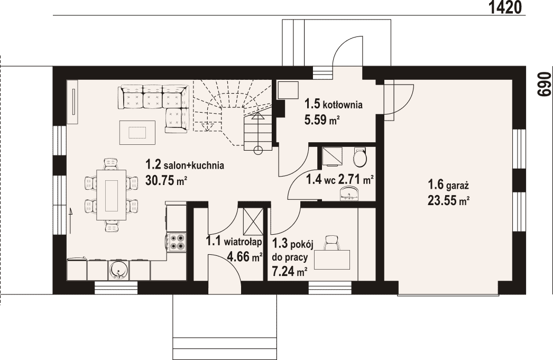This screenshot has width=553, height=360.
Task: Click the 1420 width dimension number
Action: (x=505, y=7)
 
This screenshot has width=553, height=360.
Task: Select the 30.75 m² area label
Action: (x=166, y=181)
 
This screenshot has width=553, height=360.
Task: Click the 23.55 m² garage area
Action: (x=449, y=200)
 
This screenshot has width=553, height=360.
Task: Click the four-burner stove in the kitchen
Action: (x=177, y=242)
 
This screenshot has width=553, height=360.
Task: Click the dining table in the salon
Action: (x=112, y=195)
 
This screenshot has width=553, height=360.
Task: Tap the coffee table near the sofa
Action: (x=137, y=133)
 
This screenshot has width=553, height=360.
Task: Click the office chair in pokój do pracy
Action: (x=332, y=243)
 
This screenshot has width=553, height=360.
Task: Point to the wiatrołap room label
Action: (x=243, y=242)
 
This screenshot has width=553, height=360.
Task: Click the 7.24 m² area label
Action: (x=289, y=272)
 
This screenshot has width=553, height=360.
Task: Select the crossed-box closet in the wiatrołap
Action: (x=253, y=221)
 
